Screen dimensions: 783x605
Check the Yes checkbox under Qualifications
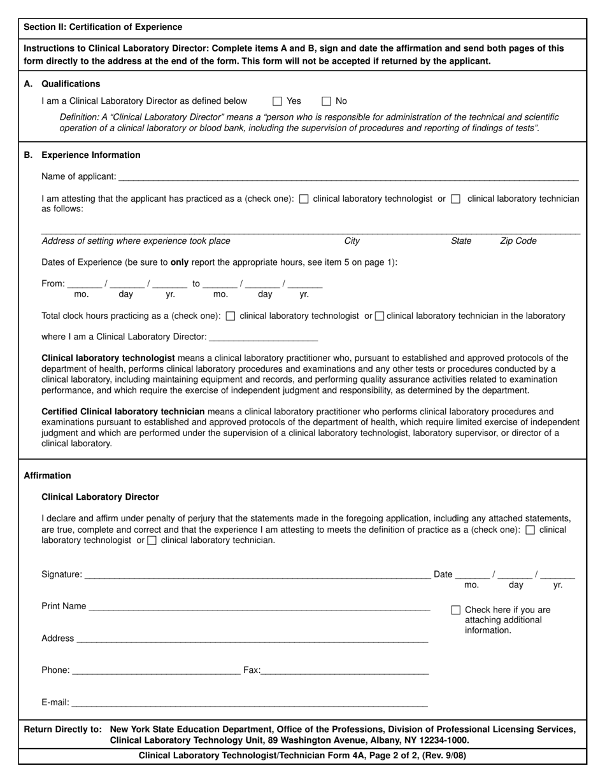pyautogui.click(x=277, y=101)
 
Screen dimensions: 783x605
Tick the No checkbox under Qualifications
pyautogui.click(x=326, y=101)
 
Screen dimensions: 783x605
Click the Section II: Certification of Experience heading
pyautogui.click(x=103, y=27)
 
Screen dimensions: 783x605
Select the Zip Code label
pyautogui.click(x=518, y=241)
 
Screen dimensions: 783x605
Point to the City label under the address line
pyautogui.click(x=352, y=241)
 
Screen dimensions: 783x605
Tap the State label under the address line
pyautogui.click(x=460, y=241)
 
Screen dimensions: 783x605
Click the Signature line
pyautogui.click(x=257, y=575)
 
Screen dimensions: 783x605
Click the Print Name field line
pyautogui.click(x=259, y=607)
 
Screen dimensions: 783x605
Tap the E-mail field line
pyautogui.click(x=249, y=704)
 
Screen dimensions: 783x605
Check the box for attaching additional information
pyautogui.click(x=455, y=610)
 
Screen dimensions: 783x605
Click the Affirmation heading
pyautogui.click(x=47, y=476)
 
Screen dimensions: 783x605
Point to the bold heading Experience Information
pyautogui.click(x=90, y=155)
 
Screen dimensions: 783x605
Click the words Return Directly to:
pyautogui.click(x=62, y=729)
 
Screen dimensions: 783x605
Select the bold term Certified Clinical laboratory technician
pyautogui.click(x=123, y=411)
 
